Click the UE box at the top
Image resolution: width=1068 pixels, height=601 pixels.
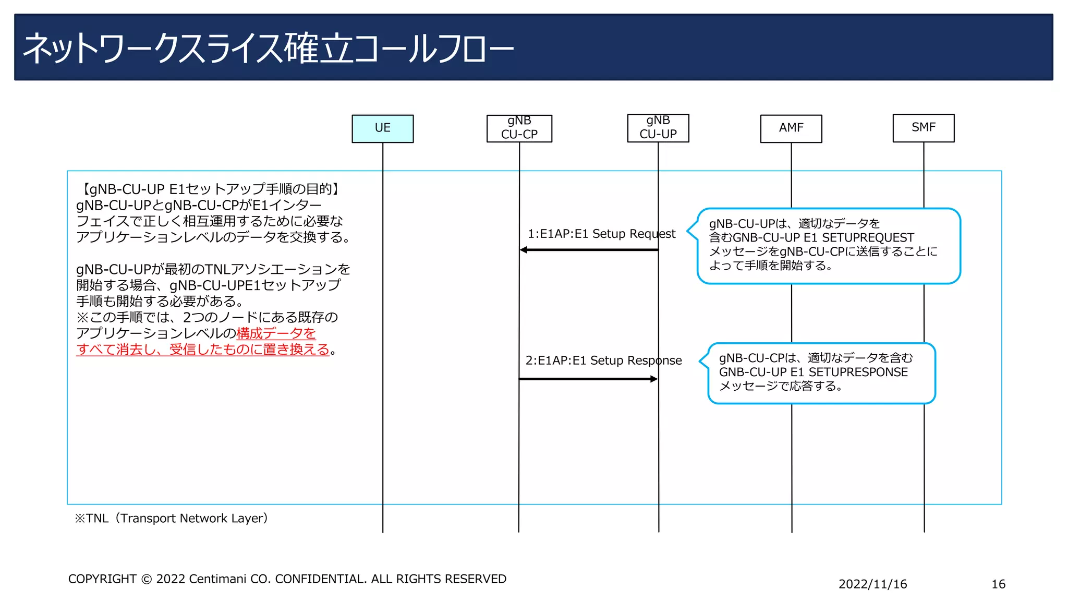[x=382, y=128]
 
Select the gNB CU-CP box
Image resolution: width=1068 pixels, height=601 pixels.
[x=519, y=128]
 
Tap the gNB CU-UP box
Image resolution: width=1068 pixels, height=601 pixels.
[x=658, y=128]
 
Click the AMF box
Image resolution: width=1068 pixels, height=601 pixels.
[x=791, y=128]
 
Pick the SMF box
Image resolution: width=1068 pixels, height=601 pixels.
[x=923, y=128]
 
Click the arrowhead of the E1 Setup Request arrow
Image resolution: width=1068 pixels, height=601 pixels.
[x=524, y=250]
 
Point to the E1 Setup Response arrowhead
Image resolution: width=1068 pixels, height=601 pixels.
[x=654, y=379]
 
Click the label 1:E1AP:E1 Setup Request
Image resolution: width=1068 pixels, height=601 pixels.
[x=601, y=234]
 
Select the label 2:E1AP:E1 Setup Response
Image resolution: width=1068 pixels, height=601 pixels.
[x=603, y=360]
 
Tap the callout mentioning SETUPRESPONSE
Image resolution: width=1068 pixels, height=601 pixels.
[x=821, y=372]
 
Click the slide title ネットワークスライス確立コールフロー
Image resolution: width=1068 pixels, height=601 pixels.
[x=268, y=49]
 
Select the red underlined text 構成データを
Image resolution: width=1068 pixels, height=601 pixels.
[x=276, y=333]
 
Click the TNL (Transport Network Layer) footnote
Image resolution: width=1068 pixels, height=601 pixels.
[x=171, y=518]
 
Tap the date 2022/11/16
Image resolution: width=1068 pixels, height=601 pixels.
[x=872, y=584]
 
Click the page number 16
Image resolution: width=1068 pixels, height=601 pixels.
[x=998, y=584]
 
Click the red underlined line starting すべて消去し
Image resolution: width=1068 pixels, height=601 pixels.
[x=203, y=350]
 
